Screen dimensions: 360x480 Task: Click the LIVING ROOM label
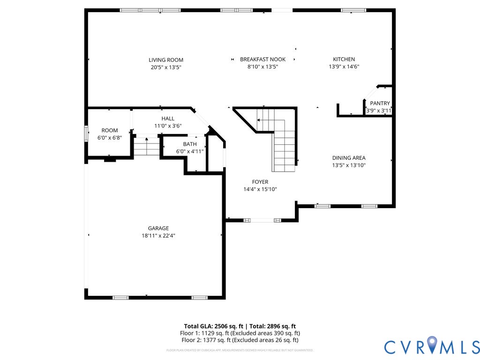point(166,60)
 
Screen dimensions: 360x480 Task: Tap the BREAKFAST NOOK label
point(262,60)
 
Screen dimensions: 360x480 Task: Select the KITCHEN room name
point(344,60)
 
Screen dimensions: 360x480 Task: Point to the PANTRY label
point(380,104)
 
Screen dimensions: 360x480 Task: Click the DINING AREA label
point(349,158)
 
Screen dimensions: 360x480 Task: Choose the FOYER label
point(260,182)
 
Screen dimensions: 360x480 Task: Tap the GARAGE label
point(158,228)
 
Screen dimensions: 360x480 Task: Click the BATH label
point(190,144)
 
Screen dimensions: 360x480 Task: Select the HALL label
point(168,119)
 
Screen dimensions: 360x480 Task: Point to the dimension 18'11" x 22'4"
point(158,236)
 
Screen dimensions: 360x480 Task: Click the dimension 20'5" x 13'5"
point(166,67)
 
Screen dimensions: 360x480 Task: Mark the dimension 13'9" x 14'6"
point(344,67)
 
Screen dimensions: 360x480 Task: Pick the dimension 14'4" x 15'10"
point(260,189)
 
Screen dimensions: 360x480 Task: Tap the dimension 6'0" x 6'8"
point(110,138)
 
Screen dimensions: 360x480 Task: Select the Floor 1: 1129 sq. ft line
point(240,333)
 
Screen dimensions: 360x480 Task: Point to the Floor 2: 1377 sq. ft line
point(240,340)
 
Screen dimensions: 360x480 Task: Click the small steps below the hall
point(147,146)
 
